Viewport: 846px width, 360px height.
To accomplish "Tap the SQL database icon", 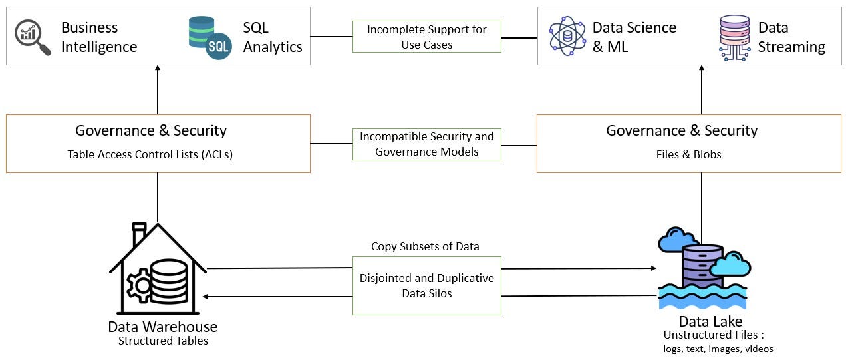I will (x=210, y=37).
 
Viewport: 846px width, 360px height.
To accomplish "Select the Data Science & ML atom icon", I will (x=567, y=37).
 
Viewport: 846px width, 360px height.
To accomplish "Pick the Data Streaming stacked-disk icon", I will (x=734, y=37).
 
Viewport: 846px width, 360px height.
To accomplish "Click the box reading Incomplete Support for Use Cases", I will (x=426, y=37).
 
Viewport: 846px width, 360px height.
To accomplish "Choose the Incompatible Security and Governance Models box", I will (x=426, y=144).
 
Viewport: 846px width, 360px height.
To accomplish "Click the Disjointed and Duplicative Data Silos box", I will (x=426, y=285).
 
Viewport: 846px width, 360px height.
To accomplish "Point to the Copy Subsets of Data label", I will (x=425, y=246).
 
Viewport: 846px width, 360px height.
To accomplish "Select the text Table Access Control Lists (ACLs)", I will (x=150, y=154).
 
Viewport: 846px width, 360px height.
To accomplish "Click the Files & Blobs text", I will (x=688, y=154).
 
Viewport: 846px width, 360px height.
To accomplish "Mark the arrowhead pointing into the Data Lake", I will (x=652, y=269).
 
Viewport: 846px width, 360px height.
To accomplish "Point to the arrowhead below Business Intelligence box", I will (x=158, y=69).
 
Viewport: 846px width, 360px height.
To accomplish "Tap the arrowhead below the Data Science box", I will (x=702, y=69).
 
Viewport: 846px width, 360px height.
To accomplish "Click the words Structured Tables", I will (x=163, y=341).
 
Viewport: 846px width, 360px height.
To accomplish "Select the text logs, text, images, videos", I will (x=718, y=349).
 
